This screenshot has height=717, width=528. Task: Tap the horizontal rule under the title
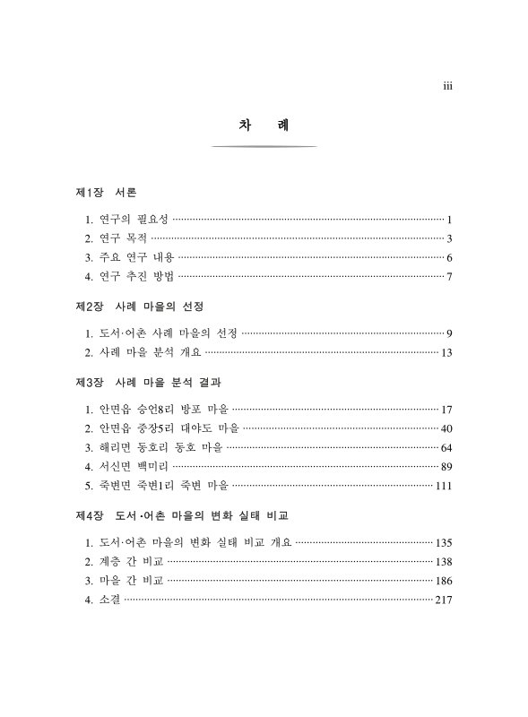pos(264,146)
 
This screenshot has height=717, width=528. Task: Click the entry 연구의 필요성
pos(126,220)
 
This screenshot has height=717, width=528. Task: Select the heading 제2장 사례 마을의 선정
pos(134,307)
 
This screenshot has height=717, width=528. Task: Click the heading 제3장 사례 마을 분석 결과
pos(149,383)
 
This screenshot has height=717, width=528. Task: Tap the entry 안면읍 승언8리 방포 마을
pos(158,410)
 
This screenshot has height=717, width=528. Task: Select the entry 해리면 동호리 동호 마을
pos(157,447)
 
